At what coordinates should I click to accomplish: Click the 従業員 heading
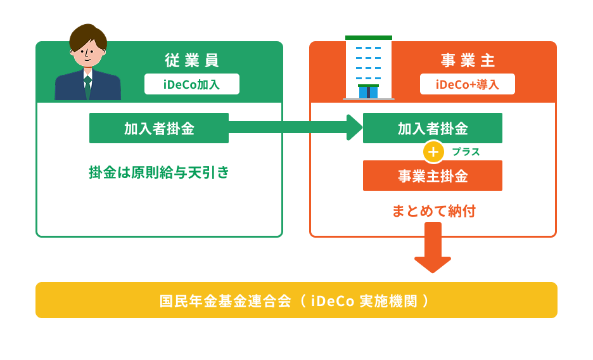click(191, 61)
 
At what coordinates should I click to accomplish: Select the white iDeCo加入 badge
click(191, 84)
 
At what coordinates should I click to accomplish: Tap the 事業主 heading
click(467, 61)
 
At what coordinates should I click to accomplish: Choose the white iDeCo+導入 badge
click(467, 84)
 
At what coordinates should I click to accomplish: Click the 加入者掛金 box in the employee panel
click(158, 128)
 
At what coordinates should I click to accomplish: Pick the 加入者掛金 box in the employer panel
click(432, 128)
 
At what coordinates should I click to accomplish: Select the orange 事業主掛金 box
click(432, 176)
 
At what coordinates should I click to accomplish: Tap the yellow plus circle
click(433, 152)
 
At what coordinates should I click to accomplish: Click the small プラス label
click(466, 152)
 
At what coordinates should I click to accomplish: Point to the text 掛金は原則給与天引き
click(158, 172)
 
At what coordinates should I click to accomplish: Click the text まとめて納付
click(433, 210)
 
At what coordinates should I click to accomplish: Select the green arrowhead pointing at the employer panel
click(354, 128)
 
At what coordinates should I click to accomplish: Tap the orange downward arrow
click(433, 250)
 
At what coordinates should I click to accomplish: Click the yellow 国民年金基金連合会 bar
click(296, 300)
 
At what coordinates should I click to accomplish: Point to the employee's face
click(88, 54)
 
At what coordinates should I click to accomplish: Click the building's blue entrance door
click(368, 93)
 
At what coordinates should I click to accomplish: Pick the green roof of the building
click(369, 38)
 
